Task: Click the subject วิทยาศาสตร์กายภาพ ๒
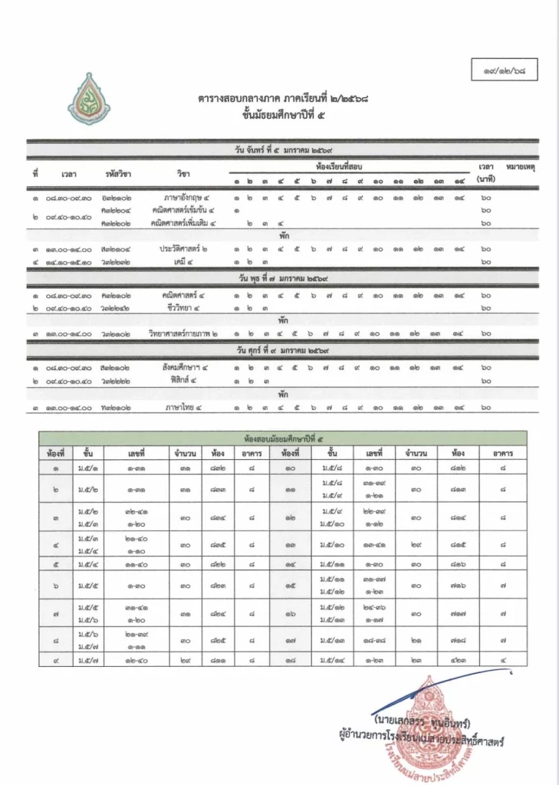pos(183,333)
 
